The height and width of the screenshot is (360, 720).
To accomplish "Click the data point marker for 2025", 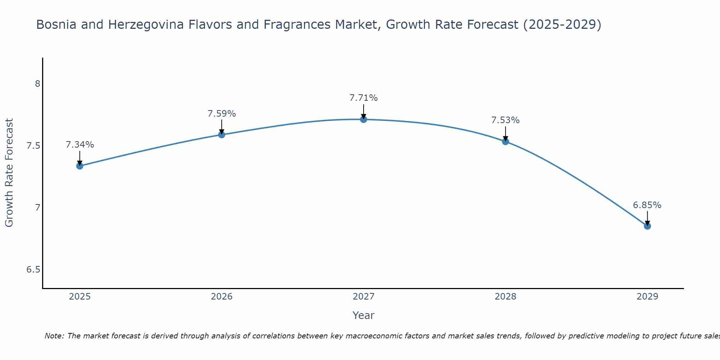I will pos(80,166).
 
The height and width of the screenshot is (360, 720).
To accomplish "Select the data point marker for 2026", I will pos(222,135).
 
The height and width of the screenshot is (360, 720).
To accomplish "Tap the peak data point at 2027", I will pos(364,120).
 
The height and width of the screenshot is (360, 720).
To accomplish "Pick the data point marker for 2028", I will pos(505,141).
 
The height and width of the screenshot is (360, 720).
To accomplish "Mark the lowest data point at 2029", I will pos(647,226).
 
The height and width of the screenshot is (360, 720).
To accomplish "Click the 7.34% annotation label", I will pos(80,145).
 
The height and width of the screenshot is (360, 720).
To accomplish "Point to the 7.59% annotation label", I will pos(222,114).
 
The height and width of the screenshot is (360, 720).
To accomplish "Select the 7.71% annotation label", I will pos(364,98).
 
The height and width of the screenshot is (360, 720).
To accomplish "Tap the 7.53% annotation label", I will pos(505,120).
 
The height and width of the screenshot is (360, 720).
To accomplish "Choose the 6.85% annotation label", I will pos(647,205).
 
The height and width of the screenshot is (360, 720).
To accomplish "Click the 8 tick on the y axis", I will pos(37,84).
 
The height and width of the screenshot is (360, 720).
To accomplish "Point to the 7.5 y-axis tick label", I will pos(33,146).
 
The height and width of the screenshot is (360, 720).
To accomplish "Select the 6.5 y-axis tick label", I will pos(33,270).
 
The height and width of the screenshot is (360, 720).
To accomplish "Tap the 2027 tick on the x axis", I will pos(364,297).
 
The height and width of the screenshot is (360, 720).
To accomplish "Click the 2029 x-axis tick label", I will pos(647,297).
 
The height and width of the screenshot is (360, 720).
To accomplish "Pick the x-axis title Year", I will pos(364,315).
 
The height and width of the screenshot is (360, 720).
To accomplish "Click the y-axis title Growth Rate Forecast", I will pos(9,173).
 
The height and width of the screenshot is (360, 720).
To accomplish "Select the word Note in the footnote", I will pos(54,336).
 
